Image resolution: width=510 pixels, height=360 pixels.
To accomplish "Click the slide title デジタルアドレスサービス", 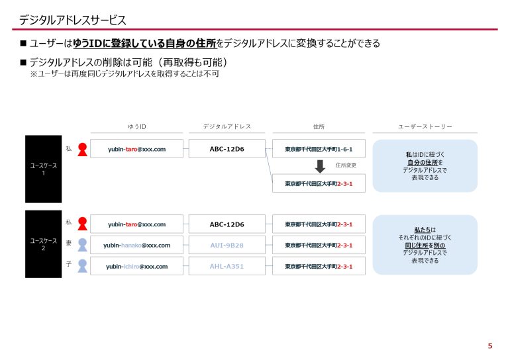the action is click(x=73, y=20).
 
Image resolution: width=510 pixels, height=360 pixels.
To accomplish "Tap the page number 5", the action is click(x=490, y=346).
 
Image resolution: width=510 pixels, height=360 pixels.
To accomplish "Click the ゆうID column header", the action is click(x=136, y=126).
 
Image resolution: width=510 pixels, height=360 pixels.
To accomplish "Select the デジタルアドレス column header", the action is click(x=227, y=126).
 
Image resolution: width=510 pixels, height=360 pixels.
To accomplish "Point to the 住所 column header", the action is click(x=319, y=126).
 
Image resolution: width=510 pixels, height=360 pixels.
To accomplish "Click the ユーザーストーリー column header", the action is click(x=425, y=126).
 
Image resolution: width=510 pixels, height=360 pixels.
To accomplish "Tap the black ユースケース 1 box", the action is click(x=43, y=169).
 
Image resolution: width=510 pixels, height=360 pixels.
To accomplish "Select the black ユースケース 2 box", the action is click(x=43, y=244).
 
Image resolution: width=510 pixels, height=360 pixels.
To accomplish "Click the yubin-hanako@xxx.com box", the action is click(x=136, y=246).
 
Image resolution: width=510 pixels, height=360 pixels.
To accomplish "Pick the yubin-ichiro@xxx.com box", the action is click(x=136, y=267).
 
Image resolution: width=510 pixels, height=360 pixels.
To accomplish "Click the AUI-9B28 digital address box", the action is click(x=227, y=246).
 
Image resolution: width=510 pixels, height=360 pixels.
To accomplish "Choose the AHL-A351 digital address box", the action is click(x=227, y=267).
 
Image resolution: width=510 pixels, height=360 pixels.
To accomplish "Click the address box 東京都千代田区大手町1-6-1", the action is click(x=319, y=149).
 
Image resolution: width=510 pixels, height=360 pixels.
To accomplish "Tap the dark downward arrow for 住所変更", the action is click(x=320, y=166).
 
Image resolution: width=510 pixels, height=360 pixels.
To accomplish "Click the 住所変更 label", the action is click(x=346, y=165).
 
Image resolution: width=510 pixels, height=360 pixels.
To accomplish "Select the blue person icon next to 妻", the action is click(x=83, y=245).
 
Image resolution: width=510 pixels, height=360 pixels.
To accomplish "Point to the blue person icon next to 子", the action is click(x=83, y=266).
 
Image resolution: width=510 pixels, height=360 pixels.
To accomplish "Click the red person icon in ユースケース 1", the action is click(x=83, y=150).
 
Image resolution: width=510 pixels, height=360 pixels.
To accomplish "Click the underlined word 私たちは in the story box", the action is click(x=425, y=230).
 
